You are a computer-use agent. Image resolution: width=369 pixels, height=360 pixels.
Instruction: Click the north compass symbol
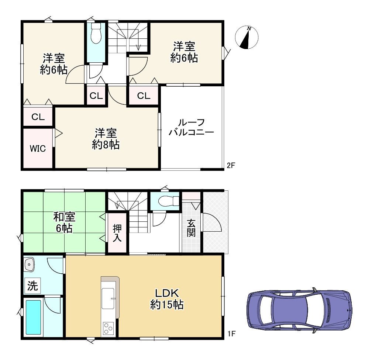(246, 37)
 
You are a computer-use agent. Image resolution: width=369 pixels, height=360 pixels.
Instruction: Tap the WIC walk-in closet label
(38, 149)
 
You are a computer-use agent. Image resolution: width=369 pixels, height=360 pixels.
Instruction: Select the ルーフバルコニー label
(191, 127)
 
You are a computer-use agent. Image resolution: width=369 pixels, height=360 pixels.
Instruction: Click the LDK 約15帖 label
(167, 299)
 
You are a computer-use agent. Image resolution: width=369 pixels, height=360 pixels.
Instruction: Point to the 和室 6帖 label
(64, 222)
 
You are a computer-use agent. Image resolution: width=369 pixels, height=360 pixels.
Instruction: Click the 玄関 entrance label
(191, 228)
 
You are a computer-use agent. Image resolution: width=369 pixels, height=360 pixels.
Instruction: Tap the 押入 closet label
(117, 233)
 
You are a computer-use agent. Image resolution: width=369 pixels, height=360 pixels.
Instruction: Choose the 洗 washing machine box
(32, 285)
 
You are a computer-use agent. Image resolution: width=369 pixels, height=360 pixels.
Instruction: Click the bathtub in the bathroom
(33, 317)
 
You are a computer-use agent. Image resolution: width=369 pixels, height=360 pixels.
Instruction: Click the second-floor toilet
(96, 33)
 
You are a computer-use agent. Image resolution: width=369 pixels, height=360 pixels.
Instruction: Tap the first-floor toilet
(169, 201)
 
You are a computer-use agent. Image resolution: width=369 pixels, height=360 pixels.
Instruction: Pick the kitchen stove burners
(108, 328)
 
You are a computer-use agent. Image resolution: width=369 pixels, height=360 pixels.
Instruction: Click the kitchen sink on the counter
(108, 298)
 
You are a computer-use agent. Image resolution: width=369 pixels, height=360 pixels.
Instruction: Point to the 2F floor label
(231, 165)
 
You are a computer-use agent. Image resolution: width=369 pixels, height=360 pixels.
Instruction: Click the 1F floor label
(231, 334)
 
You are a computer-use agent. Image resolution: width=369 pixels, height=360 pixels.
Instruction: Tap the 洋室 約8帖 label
(106, 139)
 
